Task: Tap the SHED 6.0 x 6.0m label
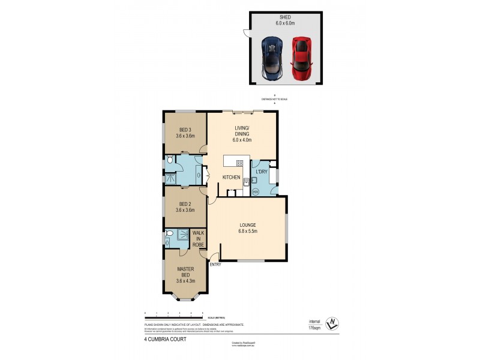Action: (285, 20)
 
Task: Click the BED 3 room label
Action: (185, 133)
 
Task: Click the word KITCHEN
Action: (232, 178)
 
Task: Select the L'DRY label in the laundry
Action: (262, 172)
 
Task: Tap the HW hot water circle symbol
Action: (255, 191)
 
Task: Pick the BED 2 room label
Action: (185, 207)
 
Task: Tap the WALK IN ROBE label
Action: (198, 238)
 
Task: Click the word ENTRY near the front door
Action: (215, 265)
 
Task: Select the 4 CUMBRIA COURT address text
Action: (165, 339)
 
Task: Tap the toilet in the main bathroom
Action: (171, 160)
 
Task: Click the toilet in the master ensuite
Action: (170, 233)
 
